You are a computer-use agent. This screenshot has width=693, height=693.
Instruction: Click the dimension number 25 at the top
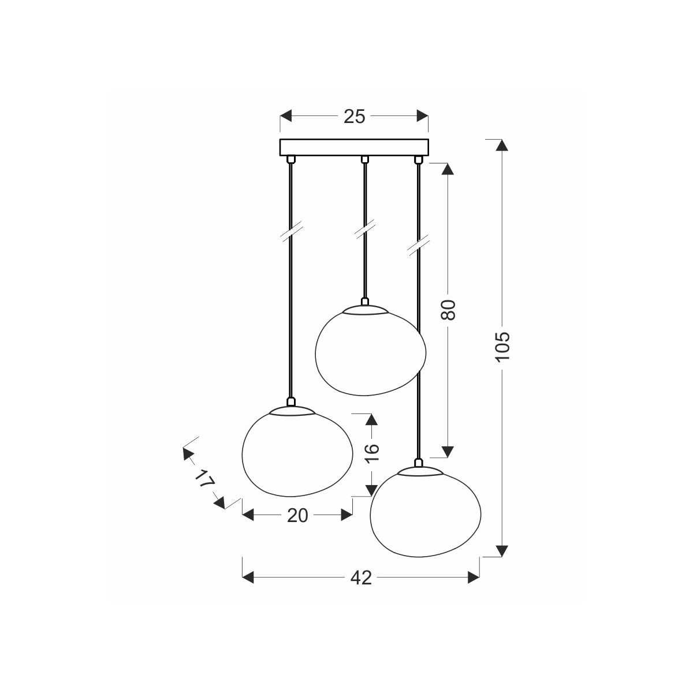tap(354, 117)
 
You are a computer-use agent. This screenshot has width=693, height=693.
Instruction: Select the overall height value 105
tap(502, 346)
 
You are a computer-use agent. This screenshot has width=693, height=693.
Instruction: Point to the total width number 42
tap(361, 578)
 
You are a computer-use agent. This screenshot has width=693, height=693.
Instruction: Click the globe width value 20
tap(298, 516)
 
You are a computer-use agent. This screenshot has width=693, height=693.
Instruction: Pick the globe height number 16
tap(372, 453)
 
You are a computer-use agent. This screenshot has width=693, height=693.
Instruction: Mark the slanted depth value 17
tap(204, 479)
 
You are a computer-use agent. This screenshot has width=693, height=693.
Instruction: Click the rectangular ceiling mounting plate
tap(354, 147)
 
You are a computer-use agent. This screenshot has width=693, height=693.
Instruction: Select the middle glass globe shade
tap(370, 351)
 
